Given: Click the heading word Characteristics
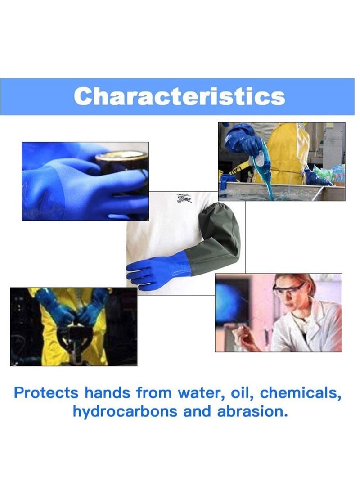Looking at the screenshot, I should (180, 96).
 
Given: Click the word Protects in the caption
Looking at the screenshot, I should (46, 392).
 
